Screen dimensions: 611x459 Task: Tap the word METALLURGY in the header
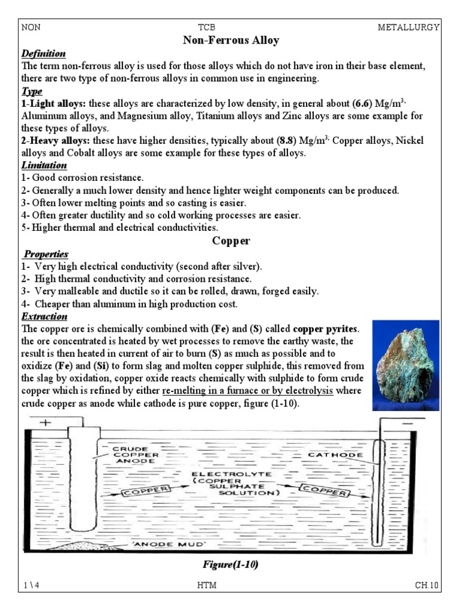[x=409, y=27]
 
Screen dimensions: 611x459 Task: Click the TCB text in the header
[x=206, y=27]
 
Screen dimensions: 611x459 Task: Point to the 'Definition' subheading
[x=43, y=54]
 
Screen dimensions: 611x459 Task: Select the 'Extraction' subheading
[x=44, y=316]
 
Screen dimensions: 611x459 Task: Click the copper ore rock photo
[x=405, y=365]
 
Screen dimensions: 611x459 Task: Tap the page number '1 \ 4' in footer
[x=31, y=585]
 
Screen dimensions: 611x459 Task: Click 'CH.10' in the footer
[x=427, y=585]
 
